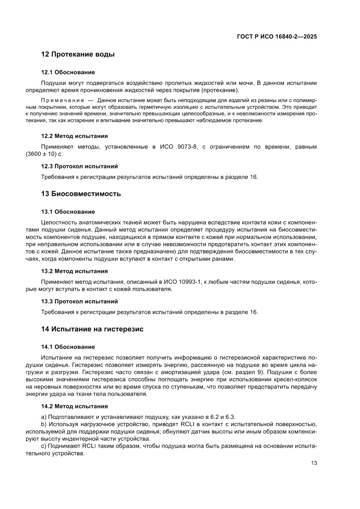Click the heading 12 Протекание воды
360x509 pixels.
78,55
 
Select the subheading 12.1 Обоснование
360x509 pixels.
68,72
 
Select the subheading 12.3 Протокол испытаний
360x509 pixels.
79,166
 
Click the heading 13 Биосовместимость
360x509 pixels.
81,193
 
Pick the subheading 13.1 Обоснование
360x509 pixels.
68,212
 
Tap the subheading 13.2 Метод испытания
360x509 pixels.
74,270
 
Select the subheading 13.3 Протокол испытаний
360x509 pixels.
79,301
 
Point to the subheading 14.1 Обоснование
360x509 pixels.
68,347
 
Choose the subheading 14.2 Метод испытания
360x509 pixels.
74,406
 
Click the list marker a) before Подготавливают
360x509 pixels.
44,417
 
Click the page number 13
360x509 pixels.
313,463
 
